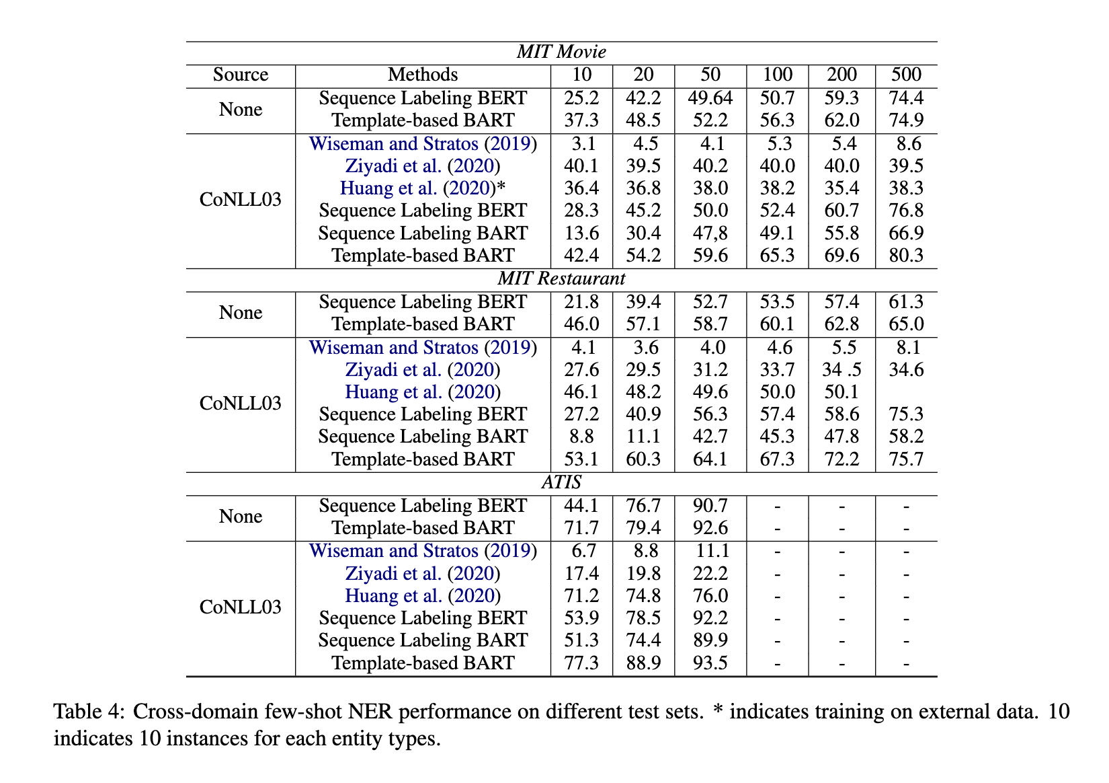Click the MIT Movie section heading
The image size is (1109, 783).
561,52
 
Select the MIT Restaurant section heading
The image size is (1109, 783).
561,278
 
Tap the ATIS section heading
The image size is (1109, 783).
561,482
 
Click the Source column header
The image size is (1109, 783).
241,75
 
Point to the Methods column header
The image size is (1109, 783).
423,75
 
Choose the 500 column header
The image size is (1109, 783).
906,75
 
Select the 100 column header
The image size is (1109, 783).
777,75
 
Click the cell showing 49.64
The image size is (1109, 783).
710,98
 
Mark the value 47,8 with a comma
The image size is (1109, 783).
710,233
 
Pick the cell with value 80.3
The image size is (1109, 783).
906,256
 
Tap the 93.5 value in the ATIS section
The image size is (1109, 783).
710,663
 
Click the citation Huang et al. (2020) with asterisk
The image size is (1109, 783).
423,188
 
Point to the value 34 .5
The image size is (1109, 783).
841,370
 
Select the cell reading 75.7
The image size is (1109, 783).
906,459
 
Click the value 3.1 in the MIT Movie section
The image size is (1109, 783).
581,144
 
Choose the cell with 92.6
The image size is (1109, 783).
710,528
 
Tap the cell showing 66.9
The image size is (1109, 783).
906,233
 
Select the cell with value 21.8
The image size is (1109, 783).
581,302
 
